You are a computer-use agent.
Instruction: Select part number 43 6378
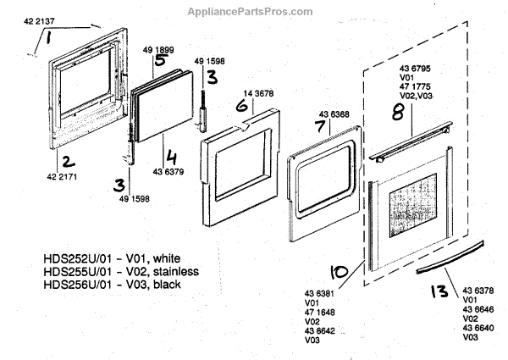[478, 290]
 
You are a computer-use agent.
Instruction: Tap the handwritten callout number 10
[339, 272]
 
